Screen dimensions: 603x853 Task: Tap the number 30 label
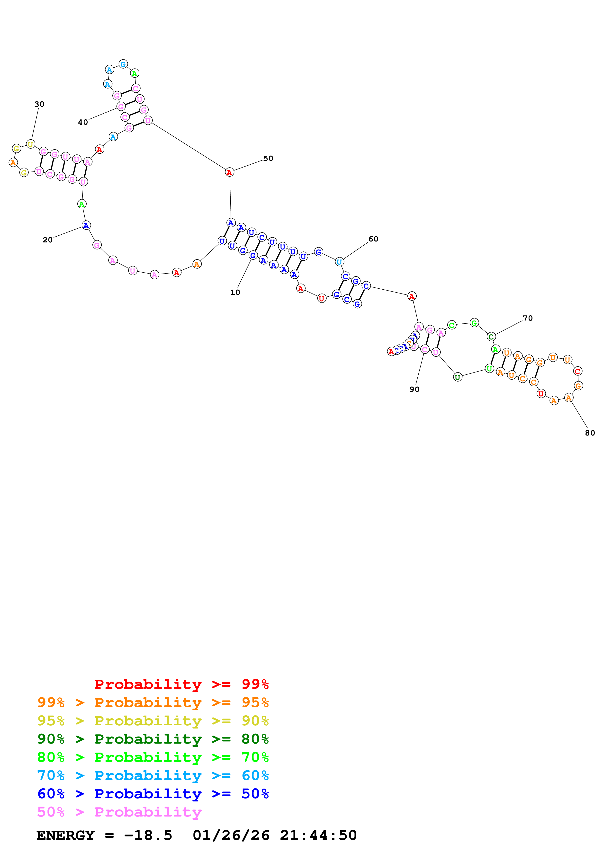39,104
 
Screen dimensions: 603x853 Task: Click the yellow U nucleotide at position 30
30,144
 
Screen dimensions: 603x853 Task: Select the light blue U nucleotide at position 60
339,262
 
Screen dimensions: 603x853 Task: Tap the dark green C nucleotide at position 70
491,337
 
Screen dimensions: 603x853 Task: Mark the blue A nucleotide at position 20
86,225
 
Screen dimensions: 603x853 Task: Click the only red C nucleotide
577,371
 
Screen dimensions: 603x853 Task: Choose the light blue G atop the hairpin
123,64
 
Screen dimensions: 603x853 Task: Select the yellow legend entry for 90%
153,721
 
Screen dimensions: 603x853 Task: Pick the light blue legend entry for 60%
153,776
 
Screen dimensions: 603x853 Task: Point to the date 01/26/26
231,835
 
